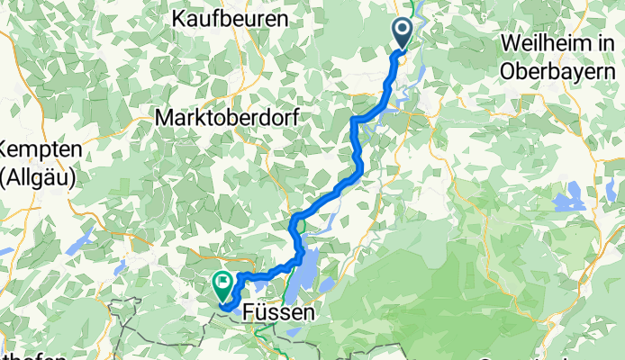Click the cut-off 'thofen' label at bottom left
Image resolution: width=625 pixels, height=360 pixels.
coord(32,355)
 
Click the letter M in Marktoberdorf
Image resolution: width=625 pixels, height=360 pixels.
coord(165,117)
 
